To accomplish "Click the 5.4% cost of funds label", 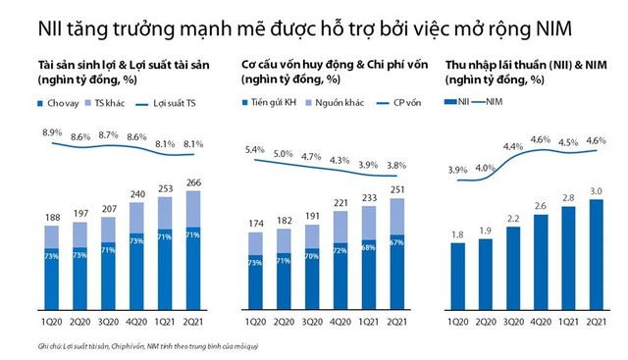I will (x=253, y=150).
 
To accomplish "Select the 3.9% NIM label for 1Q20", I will (x=458, y=170).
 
